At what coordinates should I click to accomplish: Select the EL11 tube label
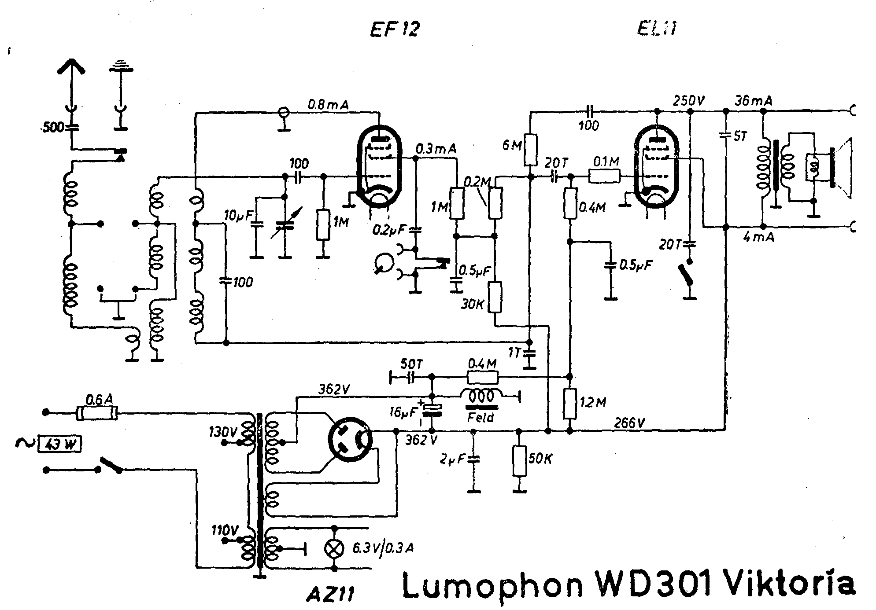[656, 29]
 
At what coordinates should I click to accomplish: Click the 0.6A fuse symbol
[97, 413]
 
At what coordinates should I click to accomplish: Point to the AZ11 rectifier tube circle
[350, 438]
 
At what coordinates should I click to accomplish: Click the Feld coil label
[481, 417]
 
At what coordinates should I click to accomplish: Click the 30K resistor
[495, 298]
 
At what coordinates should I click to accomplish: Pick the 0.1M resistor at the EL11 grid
[605, 177]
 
